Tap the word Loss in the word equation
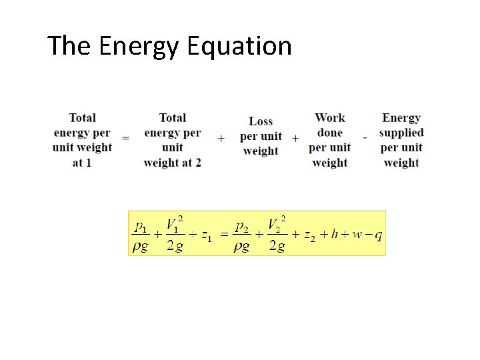[x=261, y=121]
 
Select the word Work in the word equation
[x=330, y=118]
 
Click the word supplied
[x=401, y=133]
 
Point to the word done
[x=330, y=133]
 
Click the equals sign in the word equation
[x=125, y=138]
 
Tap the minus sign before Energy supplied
[x=365, y=137]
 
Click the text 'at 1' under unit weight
[x=82, y=163]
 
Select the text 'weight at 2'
[x=172, y=163]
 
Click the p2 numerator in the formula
[x=242, y=227]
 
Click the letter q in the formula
[x=378, y=235]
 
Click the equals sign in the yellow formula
[x=224, y=235]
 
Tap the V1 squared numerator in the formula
[x=175, y=225]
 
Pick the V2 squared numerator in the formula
[x=277, y=225]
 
